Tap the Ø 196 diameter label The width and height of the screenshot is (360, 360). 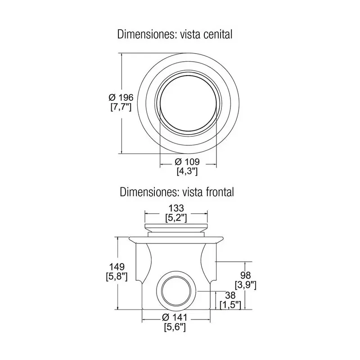pos(121,98)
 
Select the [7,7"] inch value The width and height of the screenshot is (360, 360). pos(121,107)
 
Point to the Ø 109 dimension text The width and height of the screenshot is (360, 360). pos(187,162)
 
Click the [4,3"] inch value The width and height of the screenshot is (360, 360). pos(187,171)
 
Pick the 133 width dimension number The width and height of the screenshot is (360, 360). pos(176,208)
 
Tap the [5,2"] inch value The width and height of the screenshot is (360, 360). pos(176,218)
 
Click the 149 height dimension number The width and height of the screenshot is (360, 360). pos(117,267)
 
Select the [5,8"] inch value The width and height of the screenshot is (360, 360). pos(117,276)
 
